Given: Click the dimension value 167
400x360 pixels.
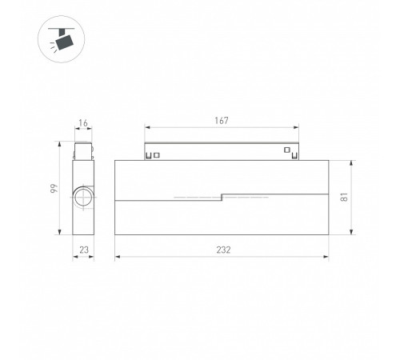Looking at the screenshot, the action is [222, 121].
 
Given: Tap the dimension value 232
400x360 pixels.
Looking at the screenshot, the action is [223, 250].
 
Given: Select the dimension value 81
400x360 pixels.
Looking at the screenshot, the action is [344, 197].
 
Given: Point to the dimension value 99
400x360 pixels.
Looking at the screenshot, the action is [54, 188].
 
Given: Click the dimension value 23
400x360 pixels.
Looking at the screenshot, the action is [84, 250].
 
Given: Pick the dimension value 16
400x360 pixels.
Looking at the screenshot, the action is [83, 123].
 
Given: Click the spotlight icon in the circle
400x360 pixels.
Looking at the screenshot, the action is [62, 39].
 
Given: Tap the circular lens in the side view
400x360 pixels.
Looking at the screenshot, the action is [84, 198].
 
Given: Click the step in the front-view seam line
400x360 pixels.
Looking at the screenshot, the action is [222, 197].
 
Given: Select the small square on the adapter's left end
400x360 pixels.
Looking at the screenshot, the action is [157, 155].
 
